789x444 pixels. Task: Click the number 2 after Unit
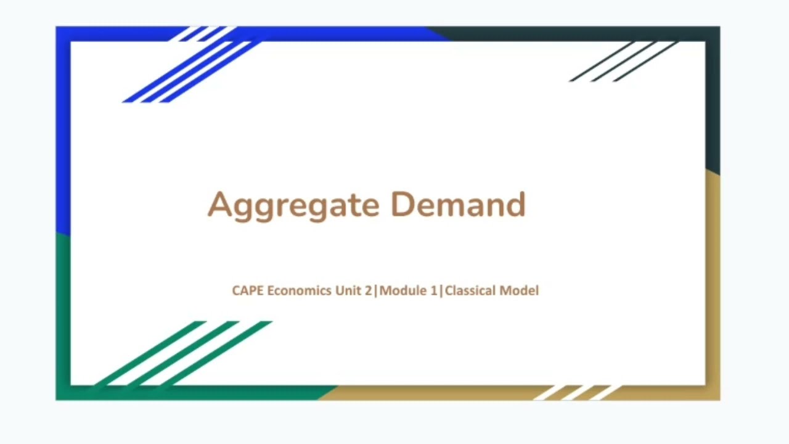[368, 290]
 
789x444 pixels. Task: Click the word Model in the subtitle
[519, 290]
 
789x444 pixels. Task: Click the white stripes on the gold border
[576, 393]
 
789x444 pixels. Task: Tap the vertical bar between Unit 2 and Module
[376, 290]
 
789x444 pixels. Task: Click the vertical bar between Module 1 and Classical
[441, 290]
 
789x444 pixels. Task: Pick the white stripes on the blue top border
[203, 33]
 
